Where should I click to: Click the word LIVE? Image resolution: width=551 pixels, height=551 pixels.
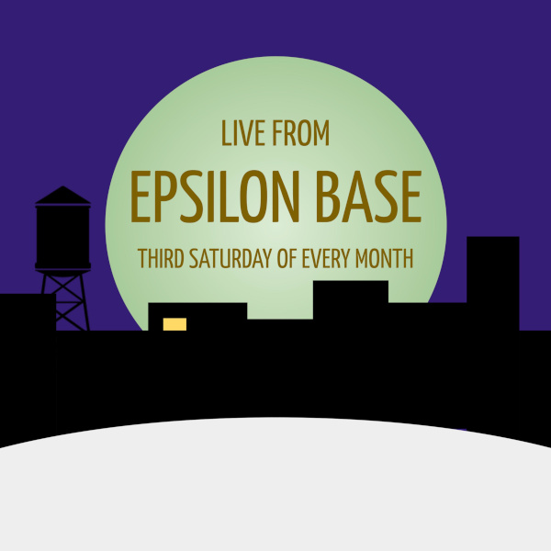coord(241,134)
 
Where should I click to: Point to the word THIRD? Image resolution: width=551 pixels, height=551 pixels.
coord(160,258)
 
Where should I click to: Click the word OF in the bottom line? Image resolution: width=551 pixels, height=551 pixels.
coord(287,258)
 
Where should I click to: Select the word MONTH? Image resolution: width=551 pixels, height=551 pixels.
coord(387,258)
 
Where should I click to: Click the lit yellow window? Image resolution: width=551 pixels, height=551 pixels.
coord(174,324)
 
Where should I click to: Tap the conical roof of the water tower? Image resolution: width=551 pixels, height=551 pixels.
coord(62,196)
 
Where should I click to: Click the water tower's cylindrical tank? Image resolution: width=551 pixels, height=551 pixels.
coord(62,235)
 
